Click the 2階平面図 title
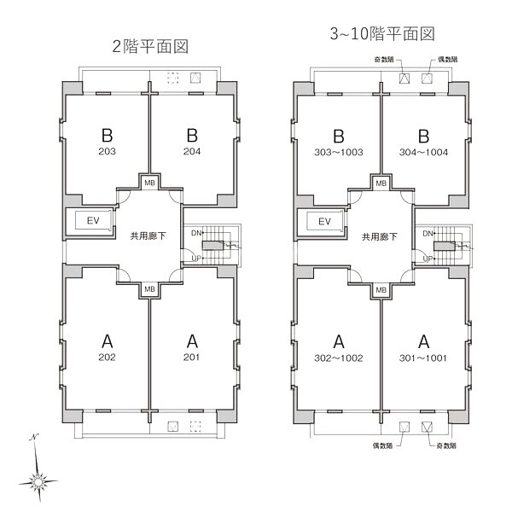150,46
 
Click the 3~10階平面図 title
382,33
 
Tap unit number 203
108,151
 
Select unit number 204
192,151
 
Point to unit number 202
108,357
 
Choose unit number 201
192,357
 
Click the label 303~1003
339,152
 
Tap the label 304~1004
423,152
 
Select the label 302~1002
339,358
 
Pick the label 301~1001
423,358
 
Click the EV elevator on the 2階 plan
93,221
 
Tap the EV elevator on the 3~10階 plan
324,222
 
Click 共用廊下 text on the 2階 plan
148,236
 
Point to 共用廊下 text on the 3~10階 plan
380,236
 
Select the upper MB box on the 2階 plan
150,183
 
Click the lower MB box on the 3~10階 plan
381,290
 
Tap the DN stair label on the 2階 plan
196,233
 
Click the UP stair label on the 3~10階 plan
428,259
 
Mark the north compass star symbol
38,481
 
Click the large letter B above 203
108,135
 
